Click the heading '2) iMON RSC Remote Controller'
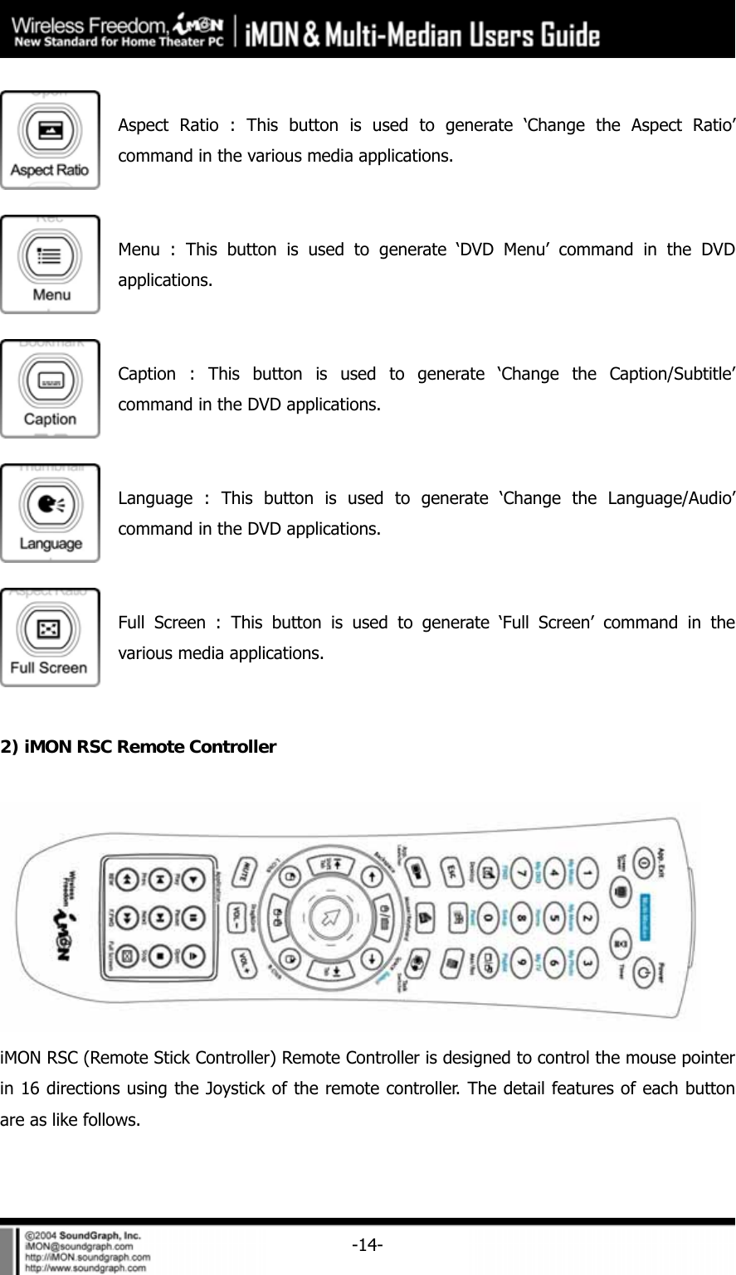pos(139,747)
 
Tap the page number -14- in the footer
pos(367,1243)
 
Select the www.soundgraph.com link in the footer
pos(87,1268)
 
